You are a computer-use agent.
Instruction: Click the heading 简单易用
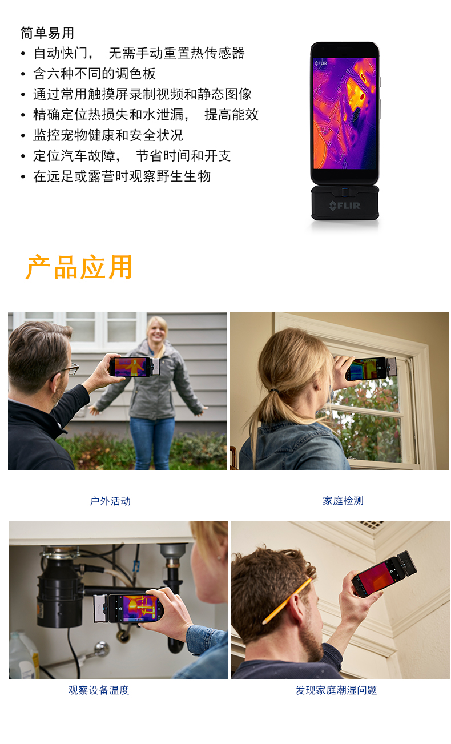point(47,33)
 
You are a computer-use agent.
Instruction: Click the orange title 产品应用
point(79,267)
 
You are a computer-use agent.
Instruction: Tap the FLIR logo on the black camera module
point(345,206)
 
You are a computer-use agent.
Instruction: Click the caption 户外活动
point(110,501)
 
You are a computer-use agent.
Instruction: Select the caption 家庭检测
point(343,501)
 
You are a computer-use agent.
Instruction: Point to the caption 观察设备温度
point(99,690)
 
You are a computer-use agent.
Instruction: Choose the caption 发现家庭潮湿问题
point(336,690)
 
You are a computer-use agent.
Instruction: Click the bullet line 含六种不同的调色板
point(94,74)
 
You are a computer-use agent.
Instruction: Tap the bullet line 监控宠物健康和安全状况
point(108,135)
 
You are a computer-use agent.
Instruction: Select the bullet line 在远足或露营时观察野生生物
point(122,176)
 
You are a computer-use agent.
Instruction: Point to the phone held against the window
point(371,368)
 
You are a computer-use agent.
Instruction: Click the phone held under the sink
point(129,608)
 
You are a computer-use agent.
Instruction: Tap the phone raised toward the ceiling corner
point(384,573)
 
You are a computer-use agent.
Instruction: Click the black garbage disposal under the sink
point(60,588)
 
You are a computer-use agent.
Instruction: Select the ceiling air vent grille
point(369,524)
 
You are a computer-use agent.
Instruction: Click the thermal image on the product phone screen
point(345,113)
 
